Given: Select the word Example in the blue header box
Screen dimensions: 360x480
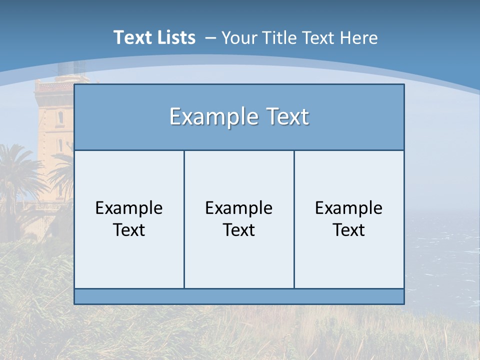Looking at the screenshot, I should point(208,117).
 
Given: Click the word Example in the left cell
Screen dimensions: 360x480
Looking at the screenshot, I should point(129,208).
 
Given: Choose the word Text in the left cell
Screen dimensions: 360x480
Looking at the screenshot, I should point(129,230).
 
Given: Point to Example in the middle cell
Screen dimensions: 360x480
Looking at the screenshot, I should point(239,208).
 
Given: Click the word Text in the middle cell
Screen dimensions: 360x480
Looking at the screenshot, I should point(239,230).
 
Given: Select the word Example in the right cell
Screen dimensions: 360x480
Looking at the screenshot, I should point(349,208).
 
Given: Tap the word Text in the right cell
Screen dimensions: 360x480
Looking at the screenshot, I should point(349,230).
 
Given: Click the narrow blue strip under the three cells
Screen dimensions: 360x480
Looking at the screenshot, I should point(239,296).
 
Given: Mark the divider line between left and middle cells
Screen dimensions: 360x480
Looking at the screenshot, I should point(184,220).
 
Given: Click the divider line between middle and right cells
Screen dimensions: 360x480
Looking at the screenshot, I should point(294,220).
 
